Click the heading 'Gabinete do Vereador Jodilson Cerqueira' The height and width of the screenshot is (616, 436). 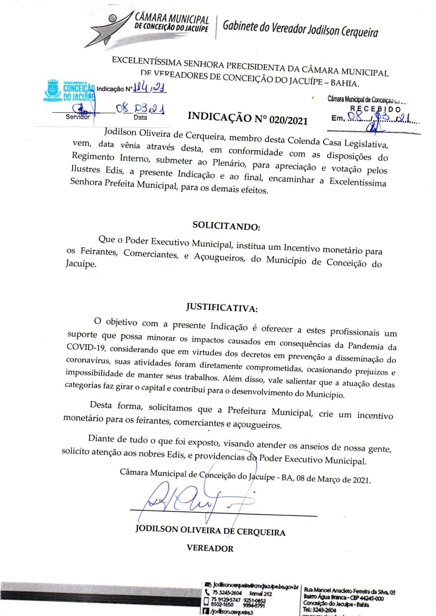tap(300, 28)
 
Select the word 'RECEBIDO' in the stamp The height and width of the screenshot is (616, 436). tap(375, 108)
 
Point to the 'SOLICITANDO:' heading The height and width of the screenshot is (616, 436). tap(226, 226)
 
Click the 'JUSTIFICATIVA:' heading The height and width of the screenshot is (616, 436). tap(222, 307)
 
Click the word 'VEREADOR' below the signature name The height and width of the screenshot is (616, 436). tap(210, 548)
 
